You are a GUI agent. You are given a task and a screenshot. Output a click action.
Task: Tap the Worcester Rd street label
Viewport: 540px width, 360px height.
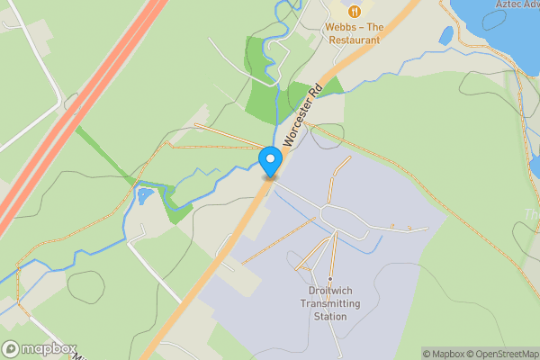[302, 115]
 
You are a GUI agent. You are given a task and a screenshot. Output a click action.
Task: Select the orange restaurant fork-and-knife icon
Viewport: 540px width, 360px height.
[355, 11]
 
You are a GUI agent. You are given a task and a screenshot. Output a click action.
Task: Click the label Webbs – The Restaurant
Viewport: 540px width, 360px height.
[354, 33]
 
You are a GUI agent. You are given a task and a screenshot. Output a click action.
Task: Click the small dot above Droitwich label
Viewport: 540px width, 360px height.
[330, 279]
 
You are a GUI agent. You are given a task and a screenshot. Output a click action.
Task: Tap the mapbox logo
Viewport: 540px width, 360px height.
[38, 348]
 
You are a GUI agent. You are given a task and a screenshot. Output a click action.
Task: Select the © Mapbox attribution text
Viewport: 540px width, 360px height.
[444, 354]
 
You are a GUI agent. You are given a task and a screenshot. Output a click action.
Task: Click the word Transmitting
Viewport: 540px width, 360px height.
[330, 303]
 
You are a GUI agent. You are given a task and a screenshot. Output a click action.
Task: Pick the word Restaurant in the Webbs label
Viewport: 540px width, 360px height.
[354, 40]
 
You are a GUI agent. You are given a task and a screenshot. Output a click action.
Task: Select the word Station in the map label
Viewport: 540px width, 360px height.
[330, 316]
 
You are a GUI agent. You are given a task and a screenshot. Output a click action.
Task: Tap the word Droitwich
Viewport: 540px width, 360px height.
[330, 292]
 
